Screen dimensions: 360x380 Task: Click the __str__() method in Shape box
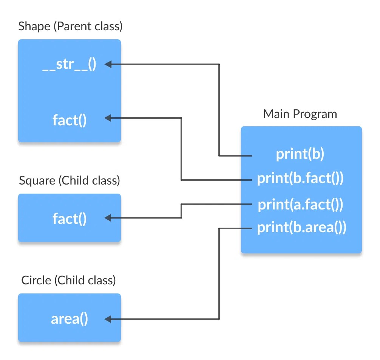(x=69, y=65)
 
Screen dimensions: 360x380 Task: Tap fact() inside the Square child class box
(x=70, y=218)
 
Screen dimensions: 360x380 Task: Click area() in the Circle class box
(x=70, y=319)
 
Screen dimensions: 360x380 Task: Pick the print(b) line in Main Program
(x=300, y=155)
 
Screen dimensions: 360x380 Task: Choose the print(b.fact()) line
(x=300, y=178)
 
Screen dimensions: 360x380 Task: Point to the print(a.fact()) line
(x=300, y=205)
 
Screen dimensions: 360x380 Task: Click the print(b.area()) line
(x=301, y=228)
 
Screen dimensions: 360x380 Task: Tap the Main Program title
(x=300, y=114)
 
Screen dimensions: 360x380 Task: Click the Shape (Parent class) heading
(x=70, y=27)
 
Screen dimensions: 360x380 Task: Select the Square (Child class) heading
(x=70, y=180)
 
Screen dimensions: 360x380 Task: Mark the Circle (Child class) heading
(x=68, y=280)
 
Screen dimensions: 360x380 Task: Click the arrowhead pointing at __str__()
(x=108, y=65)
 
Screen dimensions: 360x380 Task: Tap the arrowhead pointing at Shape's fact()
(x=108, y=118)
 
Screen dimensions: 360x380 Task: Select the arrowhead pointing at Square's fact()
(x=108, y=218)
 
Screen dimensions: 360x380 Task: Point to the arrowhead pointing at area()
(x=108, y=319)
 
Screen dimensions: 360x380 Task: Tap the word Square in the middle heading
(x=37, y=180)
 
